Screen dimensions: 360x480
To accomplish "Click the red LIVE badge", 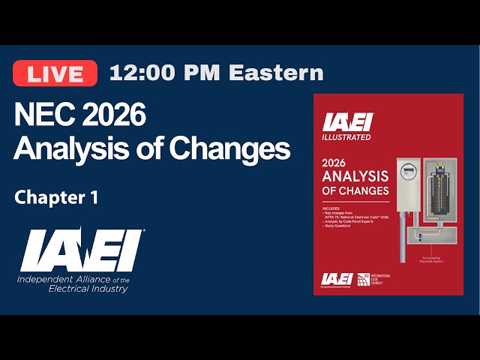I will click(x=55, y=73).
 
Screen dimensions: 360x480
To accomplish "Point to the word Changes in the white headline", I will click(x=229, y=148).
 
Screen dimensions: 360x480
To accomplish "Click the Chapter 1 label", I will click(x=56, y=197).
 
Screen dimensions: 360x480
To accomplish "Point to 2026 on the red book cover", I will click(x=337, y=162).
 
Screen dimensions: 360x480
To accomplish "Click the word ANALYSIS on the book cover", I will click(x=355, y=176).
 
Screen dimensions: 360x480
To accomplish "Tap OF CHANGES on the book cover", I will click(x=355, y=190).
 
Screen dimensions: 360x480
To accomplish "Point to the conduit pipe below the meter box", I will click(x=406, y=232).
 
